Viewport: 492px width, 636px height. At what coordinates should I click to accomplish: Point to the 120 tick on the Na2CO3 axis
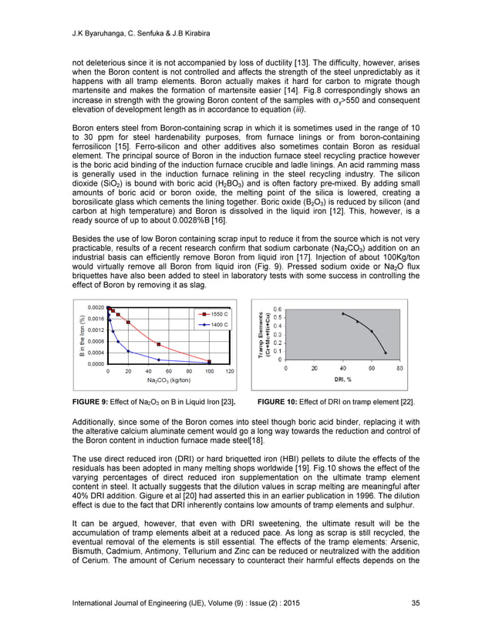[229, 371]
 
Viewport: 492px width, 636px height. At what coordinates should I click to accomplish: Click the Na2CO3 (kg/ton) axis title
[169, 380]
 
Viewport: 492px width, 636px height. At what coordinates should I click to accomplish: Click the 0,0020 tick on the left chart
[96, 307]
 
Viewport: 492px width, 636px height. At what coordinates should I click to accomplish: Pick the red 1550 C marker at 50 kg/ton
[158, 344]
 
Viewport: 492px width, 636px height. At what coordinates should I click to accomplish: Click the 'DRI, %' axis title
[343, 379]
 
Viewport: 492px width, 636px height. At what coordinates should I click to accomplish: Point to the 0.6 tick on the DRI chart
[277, 309]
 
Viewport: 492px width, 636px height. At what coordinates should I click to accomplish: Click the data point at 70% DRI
[386, 353]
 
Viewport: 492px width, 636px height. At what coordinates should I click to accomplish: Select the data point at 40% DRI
[342, 313]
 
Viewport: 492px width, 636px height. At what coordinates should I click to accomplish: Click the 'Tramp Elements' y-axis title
[261, 336]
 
